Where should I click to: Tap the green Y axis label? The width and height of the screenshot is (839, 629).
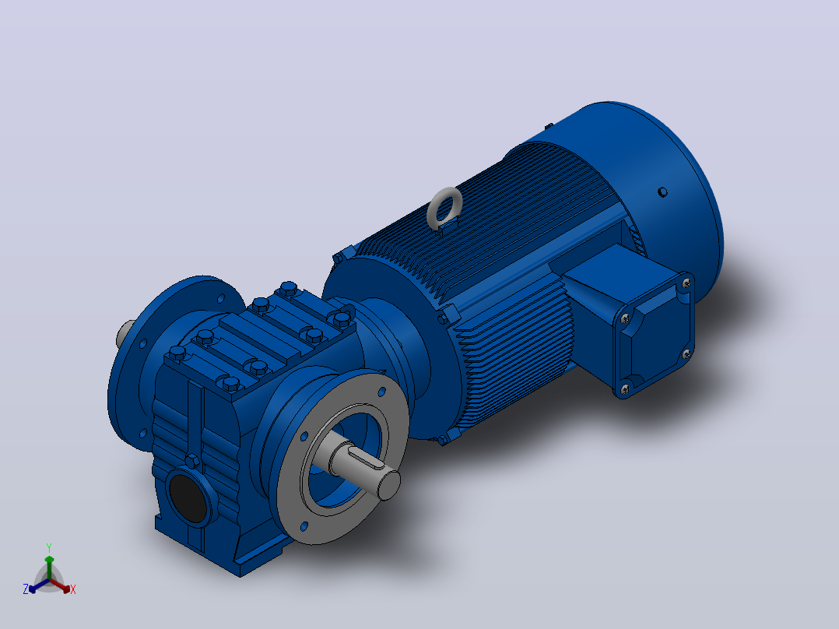49,547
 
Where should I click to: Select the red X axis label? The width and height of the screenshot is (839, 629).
73,589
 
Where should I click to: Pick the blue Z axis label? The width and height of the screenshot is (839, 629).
25,589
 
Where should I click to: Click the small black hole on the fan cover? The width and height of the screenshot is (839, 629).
662,192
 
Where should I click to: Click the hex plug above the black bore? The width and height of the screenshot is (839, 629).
192,460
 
